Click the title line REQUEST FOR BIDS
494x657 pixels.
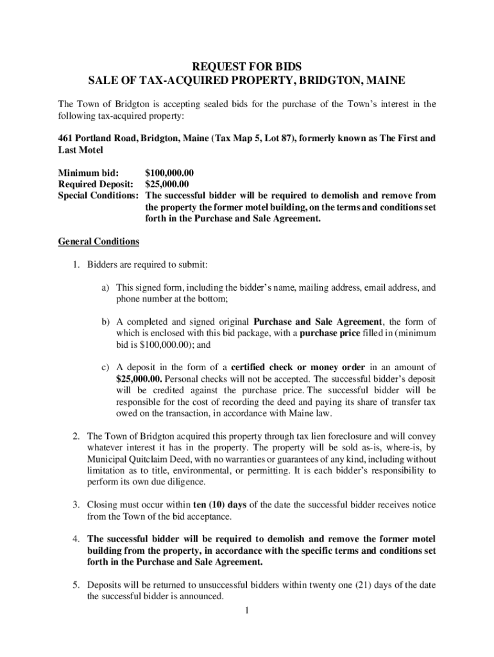pyautogui.click(x=247, y=66)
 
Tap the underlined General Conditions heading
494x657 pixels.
pyautogui.click(x=98, y=242)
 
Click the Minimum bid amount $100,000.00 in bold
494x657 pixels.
pyautogui.click(x=169, y=173)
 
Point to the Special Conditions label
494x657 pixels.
pyautogui.click(x=99, y=195)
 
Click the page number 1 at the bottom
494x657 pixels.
pyautogui.click(x=246, y=610)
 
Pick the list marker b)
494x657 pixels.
pyautogui.click(x=103, y=321)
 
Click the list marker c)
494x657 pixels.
pyautogui.click(x=103, y=367)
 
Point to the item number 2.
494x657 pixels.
pyautogui.click(x=76, y=436)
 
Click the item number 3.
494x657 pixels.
pyautogui.click(x=76, y=504)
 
